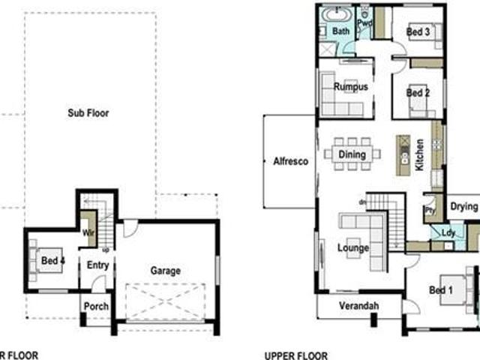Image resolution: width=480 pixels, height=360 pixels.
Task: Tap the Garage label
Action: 165,271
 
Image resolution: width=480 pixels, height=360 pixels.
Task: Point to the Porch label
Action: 97,306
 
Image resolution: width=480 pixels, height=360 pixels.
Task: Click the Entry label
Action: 98,265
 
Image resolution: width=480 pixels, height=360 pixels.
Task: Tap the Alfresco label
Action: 290,160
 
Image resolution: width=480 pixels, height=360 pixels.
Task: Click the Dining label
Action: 352,154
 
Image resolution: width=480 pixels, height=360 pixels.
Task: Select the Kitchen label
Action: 420,156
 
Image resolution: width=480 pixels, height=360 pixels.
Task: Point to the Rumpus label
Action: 351,88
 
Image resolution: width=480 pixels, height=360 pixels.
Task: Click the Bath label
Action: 341,31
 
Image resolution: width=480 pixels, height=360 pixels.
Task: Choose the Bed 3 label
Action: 418,32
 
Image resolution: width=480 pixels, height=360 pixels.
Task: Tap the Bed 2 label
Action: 417,93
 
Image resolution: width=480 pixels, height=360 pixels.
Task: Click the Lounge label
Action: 352,247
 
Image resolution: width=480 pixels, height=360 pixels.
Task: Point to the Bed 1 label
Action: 440,290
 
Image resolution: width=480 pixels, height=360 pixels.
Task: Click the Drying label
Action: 464,207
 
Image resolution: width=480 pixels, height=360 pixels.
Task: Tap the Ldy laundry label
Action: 438,232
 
